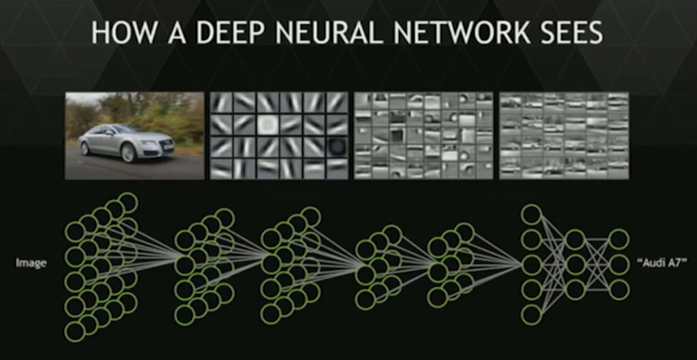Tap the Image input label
pyautogui.click(x=31, y=263)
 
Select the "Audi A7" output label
pyautogui.click(x=660, y=263)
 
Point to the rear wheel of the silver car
pyautogui.click(x=85, y=148)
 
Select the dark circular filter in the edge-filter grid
pyautogui.click(x=336, y=146)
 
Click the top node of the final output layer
pyautogui.click(x=619, y=239)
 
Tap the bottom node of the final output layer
pyautogui.click(x=619, y=289)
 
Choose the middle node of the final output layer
pyautogui.click(x=619, y=264)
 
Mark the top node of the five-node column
pyautogui.click(x=531, y=214)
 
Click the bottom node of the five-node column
pyautogui.click(x=531, y=314)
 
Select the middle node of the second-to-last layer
pyautogui.click(x=575, y=264)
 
